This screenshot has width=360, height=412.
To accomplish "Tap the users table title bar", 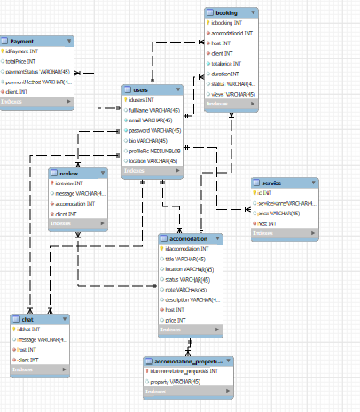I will tap(153, 89).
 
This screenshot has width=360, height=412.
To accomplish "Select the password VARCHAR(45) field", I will tap(159, 130).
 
